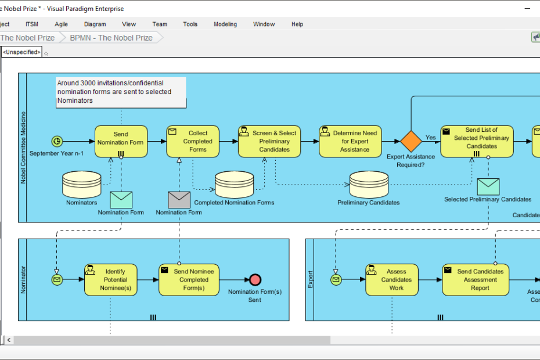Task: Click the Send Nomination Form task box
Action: click(121, 142)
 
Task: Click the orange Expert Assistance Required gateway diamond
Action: click(411, 142)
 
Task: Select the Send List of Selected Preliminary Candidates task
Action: click(477, 142)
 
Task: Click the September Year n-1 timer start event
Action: click(57, 141)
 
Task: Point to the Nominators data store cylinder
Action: click(81, 185)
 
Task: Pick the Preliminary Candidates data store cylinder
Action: click(369, 185)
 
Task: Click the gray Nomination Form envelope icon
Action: click(179, 200)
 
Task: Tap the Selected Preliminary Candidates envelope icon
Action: click(488, 186)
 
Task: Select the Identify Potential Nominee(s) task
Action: click(115, 280)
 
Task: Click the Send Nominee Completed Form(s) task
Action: click(193, 280)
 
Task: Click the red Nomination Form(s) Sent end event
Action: click(255, 279)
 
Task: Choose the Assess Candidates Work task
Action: click(396, 280)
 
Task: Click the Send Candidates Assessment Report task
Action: click(480, 280)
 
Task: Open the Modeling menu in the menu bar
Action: click(225, 24)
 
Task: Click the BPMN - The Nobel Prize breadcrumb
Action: click(111, 38)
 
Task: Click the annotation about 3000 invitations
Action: click(121, 92)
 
